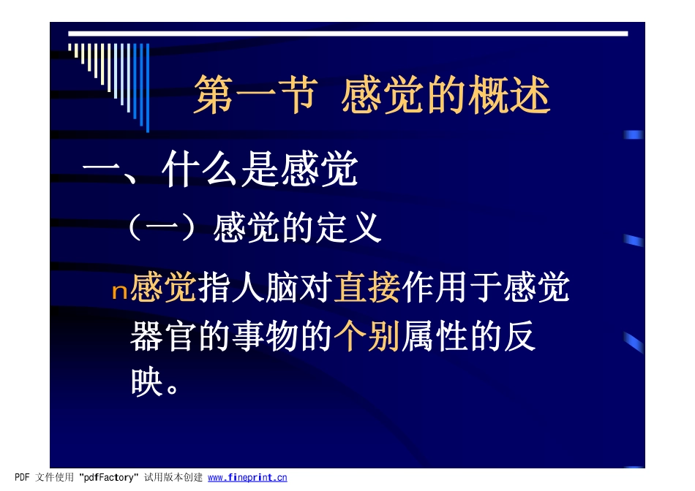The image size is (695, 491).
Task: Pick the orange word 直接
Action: (x=367, y=289)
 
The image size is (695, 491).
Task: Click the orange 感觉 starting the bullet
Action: (x=163, y=289)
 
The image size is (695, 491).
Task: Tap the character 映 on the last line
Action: (x=146, y=383)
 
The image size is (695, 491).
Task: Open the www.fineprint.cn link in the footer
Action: (x=247, y=478)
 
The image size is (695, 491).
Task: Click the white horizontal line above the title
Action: (x=347, y=34)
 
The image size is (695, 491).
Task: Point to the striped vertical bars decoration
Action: (x=110, y=77)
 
